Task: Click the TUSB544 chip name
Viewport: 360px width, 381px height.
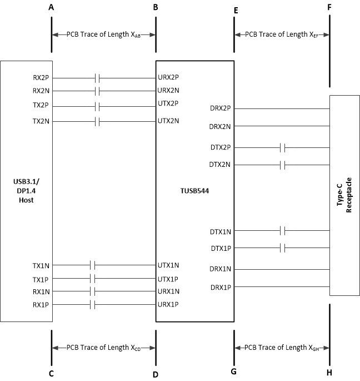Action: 194,191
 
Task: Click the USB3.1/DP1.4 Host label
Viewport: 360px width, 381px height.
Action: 26,191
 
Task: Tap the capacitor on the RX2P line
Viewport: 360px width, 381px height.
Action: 97,78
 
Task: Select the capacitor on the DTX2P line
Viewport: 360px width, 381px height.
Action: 283,147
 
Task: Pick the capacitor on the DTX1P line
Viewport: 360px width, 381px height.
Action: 283,248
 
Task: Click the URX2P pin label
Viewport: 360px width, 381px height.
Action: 168,78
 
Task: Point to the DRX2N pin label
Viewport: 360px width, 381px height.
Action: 220,127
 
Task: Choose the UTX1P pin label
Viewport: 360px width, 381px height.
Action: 168,279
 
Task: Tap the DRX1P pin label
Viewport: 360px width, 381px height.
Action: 221,288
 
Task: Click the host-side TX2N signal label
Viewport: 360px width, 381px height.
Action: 41,121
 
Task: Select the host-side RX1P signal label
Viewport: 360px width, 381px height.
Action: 41,305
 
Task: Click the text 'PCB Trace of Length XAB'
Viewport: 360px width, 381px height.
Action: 103,34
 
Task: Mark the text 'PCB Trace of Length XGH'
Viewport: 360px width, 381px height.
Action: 282,348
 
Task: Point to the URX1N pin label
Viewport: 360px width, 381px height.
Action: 168,291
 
